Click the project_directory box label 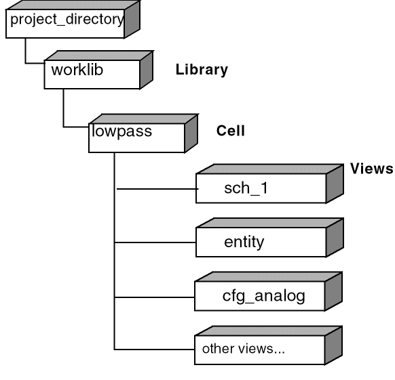point(67,20)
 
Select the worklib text point(77,70)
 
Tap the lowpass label point(122,131)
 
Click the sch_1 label point(246,188)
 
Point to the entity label point(244,242)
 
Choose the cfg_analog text point(264,296)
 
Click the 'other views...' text point(244,349)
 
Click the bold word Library point(202,70)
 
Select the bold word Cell point(231,131)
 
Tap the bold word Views point(371,169)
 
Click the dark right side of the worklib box point(147,70)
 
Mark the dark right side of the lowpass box point(191,133)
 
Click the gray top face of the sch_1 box point(270,169)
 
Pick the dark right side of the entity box point(335,238)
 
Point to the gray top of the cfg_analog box point(269,277)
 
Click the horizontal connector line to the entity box point(155,242)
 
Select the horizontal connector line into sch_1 point(157,188)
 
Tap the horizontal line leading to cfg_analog point(155,297)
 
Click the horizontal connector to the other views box point(155,350)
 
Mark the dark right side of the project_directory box point(132,20)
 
